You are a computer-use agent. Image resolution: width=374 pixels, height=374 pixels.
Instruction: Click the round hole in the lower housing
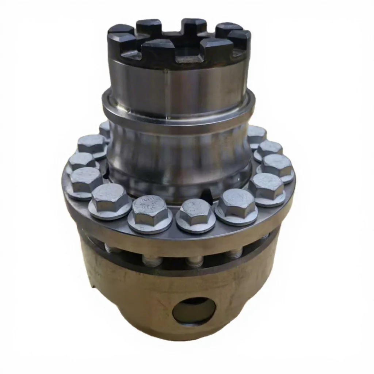tap(194, 310)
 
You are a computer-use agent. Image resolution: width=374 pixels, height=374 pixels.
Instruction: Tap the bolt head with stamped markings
tap(150, 211)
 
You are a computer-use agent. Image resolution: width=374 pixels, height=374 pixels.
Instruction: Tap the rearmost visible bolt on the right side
tap(256, 134)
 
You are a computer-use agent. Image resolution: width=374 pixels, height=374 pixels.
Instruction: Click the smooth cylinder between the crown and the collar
tap(179, 86)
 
